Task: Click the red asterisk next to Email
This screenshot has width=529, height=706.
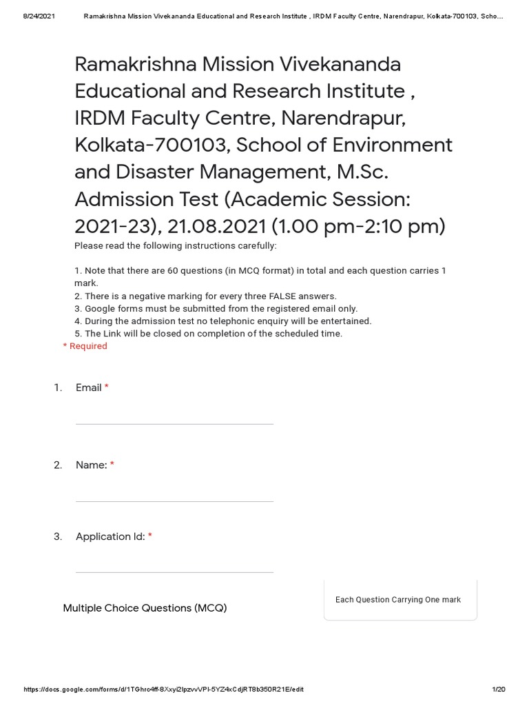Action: pyautogui.click(x=107, y=388)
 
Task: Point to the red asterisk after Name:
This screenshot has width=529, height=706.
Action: pyautogui.click(x=112, y=465)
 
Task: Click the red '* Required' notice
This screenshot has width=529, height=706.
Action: pyautogui.click(x=85, y=346)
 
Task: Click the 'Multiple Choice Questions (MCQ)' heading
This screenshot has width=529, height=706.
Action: pyautogui.click(x=145, y=608)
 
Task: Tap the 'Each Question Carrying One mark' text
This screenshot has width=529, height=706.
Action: pyautogui.click(x=398, y=600)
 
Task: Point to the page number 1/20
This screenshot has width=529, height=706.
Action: pyautogui.click(x=499, y=689)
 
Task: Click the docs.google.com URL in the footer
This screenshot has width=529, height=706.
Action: pyautogui.click(x=163, y=689)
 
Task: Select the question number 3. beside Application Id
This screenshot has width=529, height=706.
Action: pyautogui.click(x=58, y=536)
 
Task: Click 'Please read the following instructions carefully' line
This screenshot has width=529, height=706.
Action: pyautogui.click(x=175, y=246)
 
